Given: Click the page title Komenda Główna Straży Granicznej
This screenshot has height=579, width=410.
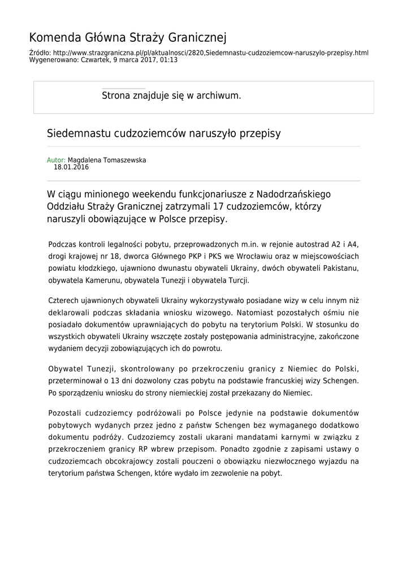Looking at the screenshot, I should pyautogui.click(x=127, y=38).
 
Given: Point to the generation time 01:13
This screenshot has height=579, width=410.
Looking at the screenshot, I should pyautogui.click(x=169, y=59).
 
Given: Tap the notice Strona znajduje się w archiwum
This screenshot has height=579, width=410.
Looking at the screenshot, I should pyautogui.click(x=171, y=96).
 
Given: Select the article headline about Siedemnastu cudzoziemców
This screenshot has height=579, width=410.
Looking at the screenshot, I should pyautogui.click(x=163, y=133).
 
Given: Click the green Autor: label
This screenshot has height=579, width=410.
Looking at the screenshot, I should pyautogui.click(x=56, y=160).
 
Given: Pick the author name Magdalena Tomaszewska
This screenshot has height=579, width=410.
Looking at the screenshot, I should pyautogui.click(x=107, y=160).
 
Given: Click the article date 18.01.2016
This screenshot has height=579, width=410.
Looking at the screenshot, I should pyautogui.click(x=71, y=167).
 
